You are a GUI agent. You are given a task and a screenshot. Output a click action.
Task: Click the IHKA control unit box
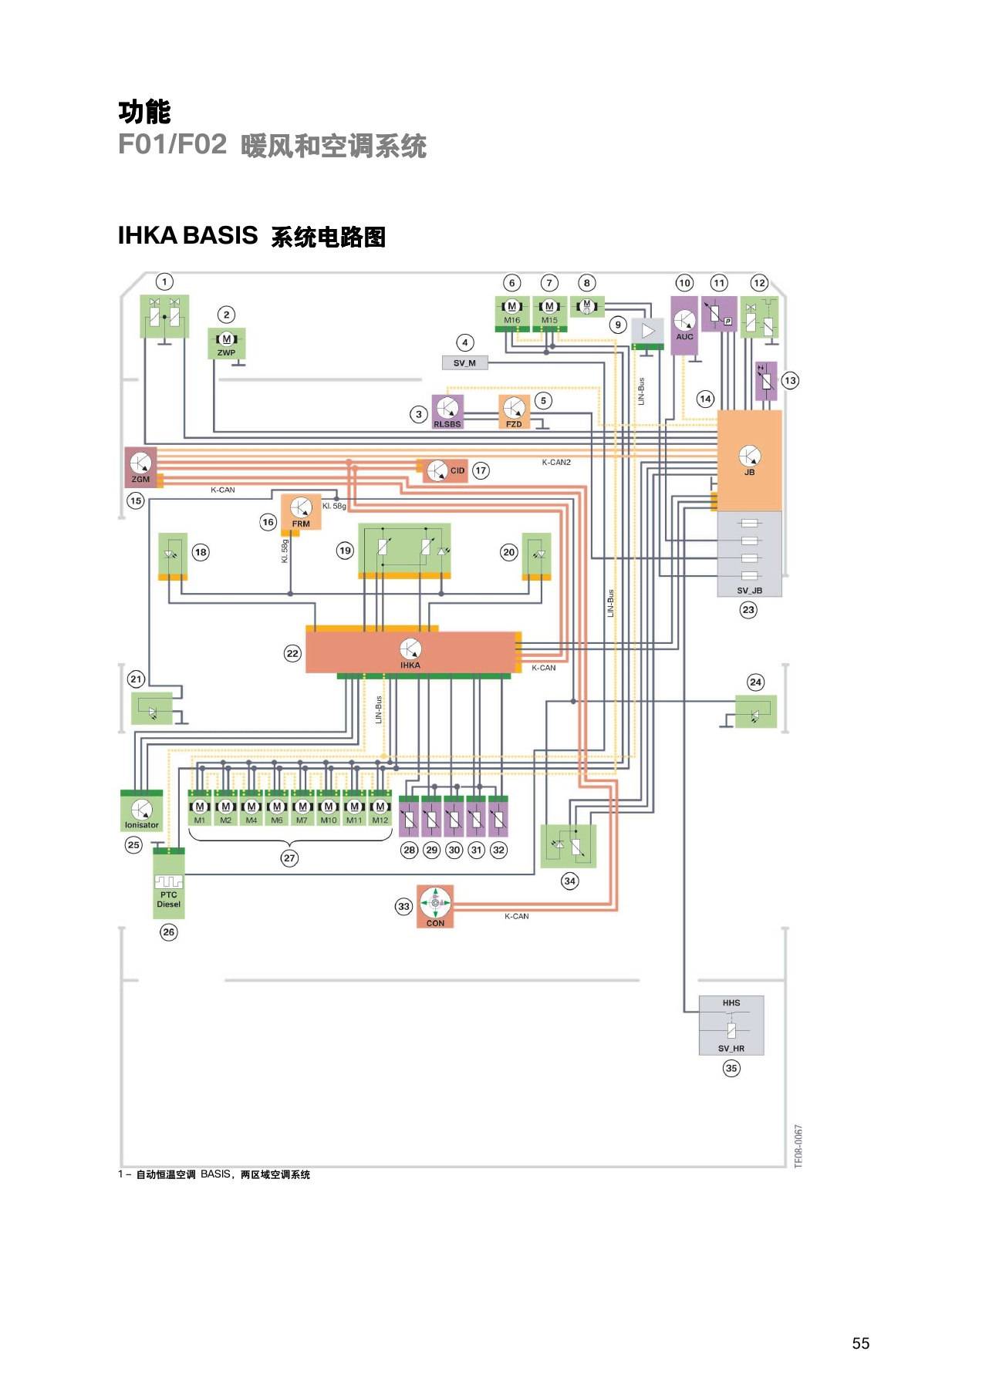[410, 652]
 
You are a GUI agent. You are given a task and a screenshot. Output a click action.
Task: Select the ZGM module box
[140, 467]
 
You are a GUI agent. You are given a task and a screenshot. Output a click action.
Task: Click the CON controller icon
[435, 902]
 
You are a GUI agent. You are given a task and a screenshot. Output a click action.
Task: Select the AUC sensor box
[684, 325]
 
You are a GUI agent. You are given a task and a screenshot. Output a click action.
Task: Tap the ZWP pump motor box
[226, 343]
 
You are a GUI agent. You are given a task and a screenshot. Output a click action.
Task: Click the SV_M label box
[464, 363]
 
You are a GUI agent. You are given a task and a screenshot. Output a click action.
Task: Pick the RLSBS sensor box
[447, 412]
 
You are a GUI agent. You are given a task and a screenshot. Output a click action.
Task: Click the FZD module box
[514, 412]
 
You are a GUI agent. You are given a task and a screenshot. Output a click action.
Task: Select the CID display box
[445, 470]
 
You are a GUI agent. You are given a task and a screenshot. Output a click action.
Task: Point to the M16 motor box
[511, 313]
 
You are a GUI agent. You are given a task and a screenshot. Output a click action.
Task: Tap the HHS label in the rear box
[731, 1002]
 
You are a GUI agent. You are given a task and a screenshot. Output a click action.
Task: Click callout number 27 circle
[289, 857]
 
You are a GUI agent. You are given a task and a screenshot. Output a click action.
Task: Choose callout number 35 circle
[731, 1068]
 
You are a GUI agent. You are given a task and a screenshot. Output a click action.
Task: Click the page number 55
[861, 1343]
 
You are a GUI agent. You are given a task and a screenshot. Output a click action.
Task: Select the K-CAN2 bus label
[556, 463]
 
